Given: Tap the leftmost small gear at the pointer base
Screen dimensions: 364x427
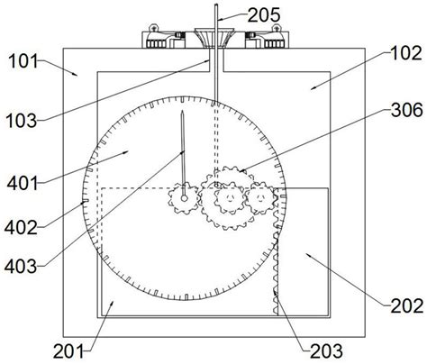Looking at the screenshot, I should (x=184, y=196).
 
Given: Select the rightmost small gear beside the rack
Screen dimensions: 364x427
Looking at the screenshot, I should (x=259, y=195).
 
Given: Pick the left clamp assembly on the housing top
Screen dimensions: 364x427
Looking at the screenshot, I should (x=164, y=40).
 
